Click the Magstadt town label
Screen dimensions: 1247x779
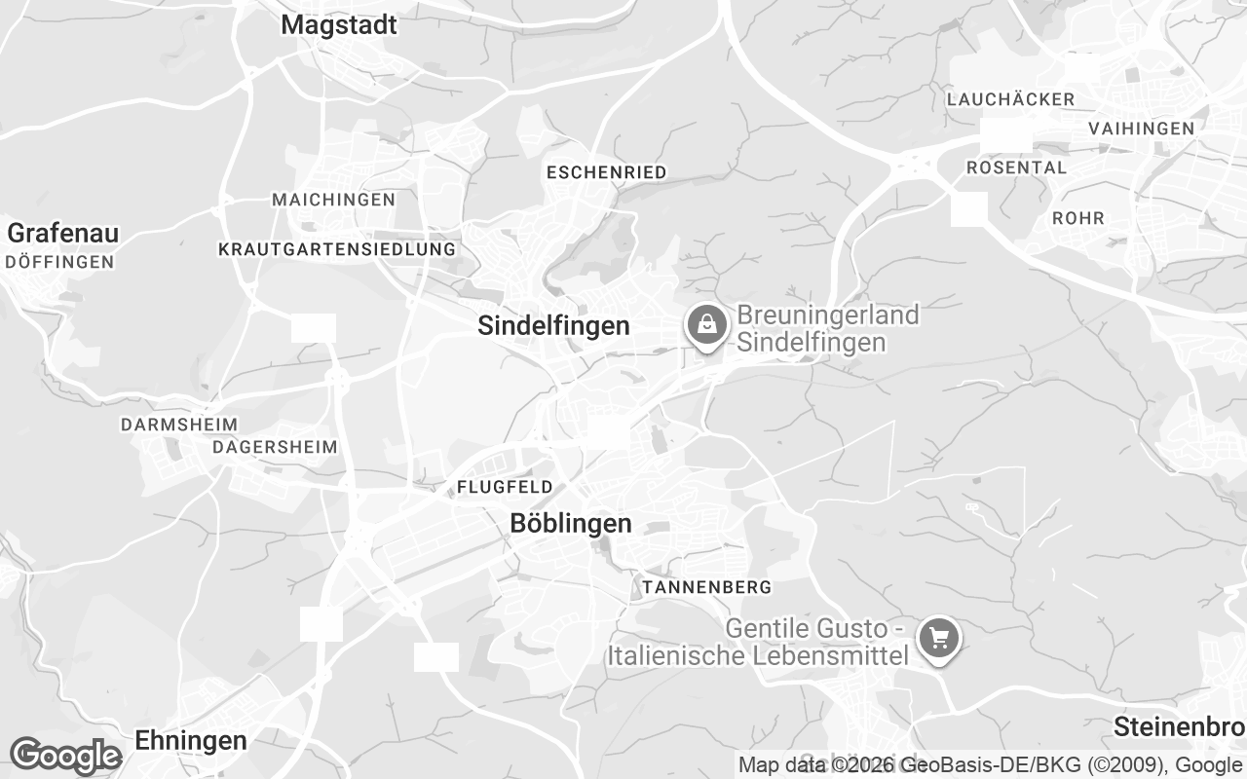339,25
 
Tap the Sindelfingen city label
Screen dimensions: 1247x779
553,326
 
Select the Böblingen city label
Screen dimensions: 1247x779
571,524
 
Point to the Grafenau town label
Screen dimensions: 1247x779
63,234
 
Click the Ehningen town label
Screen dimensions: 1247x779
191,741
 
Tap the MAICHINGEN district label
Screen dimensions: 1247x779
334,200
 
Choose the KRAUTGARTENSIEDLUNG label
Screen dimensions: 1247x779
337,249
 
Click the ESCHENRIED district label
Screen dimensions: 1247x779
607,172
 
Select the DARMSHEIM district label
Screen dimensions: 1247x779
179,426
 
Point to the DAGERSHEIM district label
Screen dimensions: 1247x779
275,448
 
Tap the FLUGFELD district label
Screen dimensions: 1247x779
505,487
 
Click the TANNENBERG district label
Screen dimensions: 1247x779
707,587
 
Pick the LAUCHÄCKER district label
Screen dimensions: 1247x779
1010,99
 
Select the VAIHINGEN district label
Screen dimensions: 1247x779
1141,129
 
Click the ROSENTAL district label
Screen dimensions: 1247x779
1016,167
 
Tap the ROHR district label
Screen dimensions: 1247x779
1078,218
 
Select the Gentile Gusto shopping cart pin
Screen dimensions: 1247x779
939,640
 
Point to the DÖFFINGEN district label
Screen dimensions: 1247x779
59,262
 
